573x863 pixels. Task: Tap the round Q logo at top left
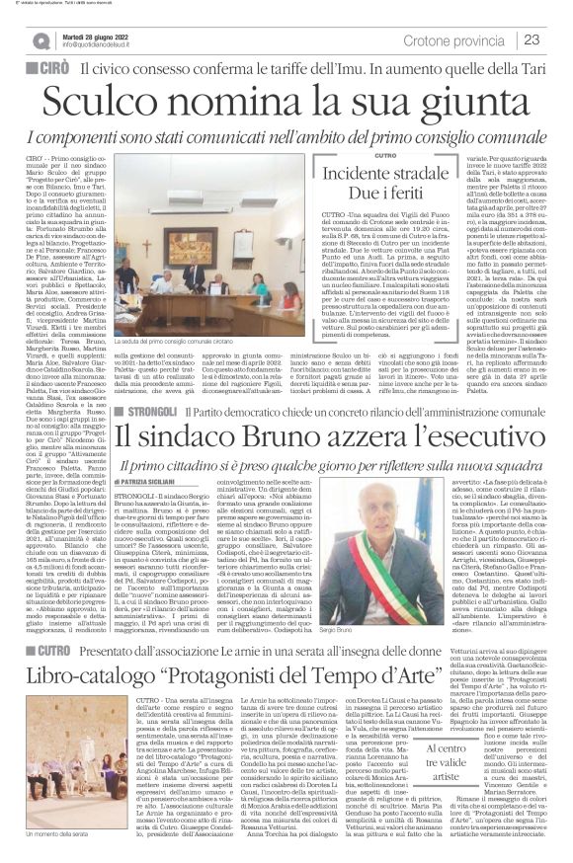(x=41, y=39)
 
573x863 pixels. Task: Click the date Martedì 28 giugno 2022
(x=112, y=32)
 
